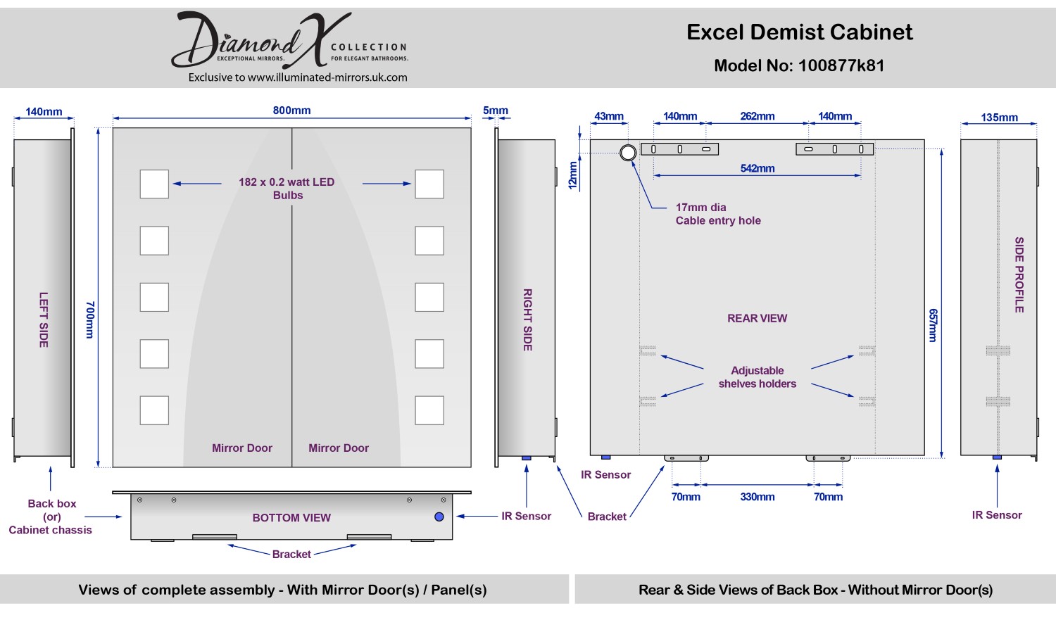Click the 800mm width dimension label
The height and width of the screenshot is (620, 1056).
[x=291, y=110]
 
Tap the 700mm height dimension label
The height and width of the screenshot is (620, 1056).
[x=90, y=320]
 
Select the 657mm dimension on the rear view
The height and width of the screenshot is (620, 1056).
[x=934, y=325]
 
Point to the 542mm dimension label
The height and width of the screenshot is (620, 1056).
[x=758, y=169]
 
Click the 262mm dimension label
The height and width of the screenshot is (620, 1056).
[x=758, y=117]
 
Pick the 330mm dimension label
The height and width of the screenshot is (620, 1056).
[x=758, y=497]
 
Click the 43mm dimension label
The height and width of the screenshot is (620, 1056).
[x=609, y=117]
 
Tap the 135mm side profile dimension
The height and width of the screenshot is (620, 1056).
[x=999, y=118]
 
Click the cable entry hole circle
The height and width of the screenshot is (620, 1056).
[x=628, y=153]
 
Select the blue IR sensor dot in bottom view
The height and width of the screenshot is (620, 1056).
[x=439, y=517]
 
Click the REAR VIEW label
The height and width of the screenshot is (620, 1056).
[x=758, y=318]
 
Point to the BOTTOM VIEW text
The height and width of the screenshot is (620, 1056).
[x=291, y=518]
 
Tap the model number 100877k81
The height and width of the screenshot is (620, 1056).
[x=841, y=65]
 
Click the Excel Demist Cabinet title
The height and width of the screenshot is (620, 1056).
[x=800, y=32]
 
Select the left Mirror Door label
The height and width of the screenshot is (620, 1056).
[x=242, y=448]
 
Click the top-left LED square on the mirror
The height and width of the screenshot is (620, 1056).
[x=154, y=184]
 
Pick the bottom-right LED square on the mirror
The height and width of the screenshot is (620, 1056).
[x=429, y=410]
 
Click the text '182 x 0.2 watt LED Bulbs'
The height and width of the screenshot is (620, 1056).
[x=287, y=189]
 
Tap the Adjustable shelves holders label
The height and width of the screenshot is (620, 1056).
[x=758, y=377]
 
